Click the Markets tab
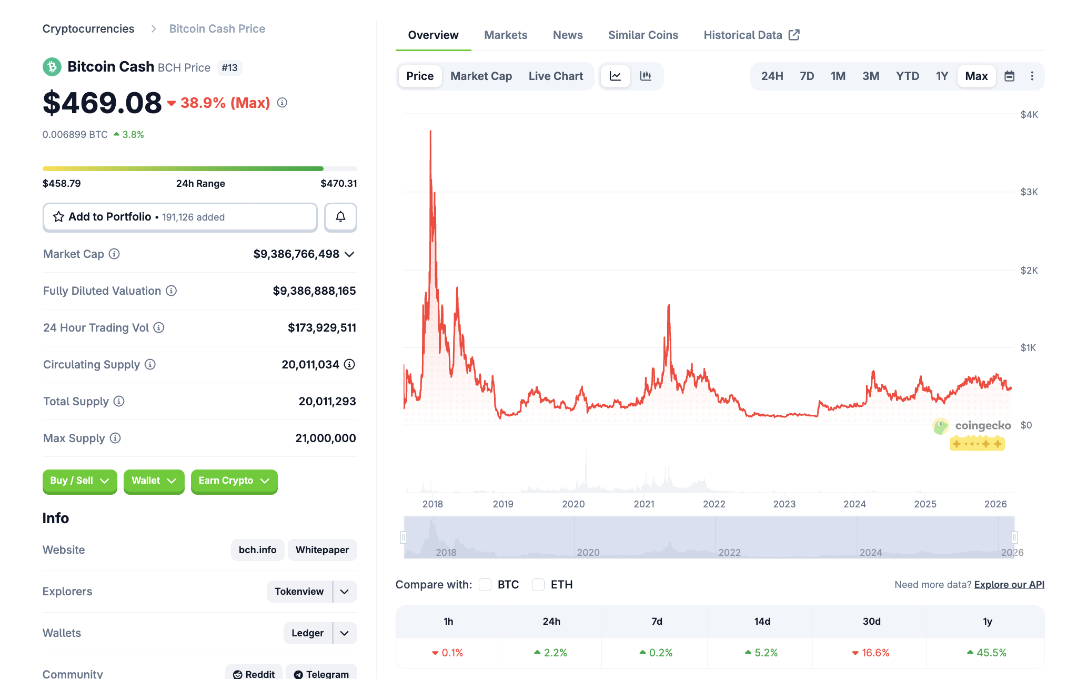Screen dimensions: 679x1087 click(x=505, y=35)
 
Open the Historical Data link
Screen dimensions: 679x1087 click(x=751, y=35)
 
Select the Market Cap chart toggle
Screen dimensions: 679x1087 click(x=481, y=76)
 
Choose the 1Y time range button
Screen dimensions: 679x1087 click(x=941, y=76)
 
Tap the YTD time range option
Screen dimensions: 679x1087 click(x=907, y=76)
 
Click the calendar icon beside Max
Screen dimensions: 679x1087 click(x=1009, y=76)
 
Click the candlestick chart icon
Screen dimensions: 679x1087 click(x=646, y=76)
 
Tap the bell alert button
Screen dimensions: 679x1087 click(x=340, y=217)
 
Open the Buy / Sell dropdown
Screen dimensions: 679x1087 click(x=79, y=481)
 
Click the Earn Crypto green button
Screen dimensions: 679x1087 click(x=234, y=481)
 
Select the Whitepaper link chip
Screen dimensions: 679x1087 click(x=322, y=550)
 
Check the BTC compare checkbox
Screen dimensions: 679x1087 click(x=485, y=585)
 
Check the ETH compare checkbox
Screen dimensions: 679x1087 click(x=538, y=585)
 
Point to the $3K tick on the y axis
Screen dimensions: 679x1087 click(x=1029, y=192)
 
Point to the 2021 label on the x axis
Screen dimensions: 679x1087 click(x=643, y=504)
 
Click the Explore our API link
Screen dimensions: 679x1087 click(x=1009, y=585)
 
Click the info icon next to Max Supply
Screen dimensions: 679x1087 click(x=115, y=438)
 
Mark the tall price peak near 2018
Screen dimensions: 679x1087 click(x=430, y=132)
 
